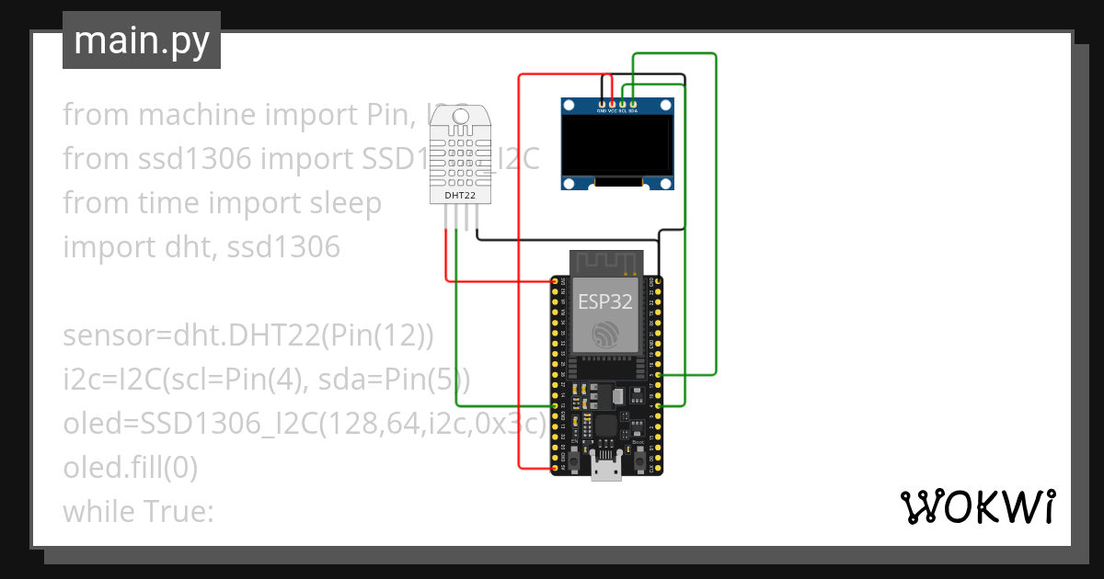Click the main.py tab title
click(x=142, y=40)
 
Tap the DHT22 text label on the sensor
click(x=459, y=195)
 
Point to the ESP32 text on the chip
click(x=604, y=301)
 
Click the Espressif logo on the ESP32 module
click(x=605, y=335)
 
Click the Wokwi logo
click(x=977, y=506)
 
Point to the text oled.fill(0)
click(x=130, y=468)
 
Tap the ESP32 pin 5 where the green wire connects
click(x=652, y=375)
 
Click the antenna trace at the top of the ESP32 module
click(x=604, y=262)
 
